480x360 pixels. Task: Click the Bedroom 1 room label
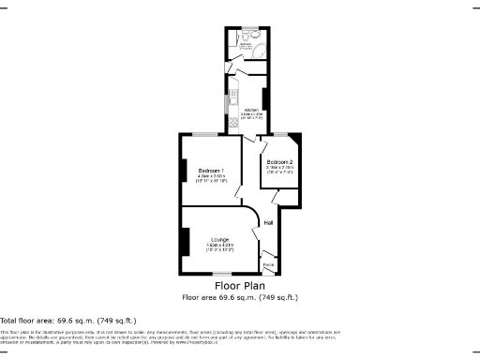pos(210,170)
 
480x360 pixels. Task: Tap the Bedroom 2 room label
pos(279,162)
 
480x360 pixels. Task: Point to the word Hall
pos(268,223)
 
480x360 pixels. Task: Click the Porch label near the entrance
pos(268,265)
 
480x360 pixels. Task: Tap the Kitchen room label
pos(249,110)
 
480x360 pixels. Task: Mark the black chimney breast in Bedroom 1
pos(183,171)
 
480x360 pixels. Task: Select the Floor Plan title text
pos(239,285)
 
